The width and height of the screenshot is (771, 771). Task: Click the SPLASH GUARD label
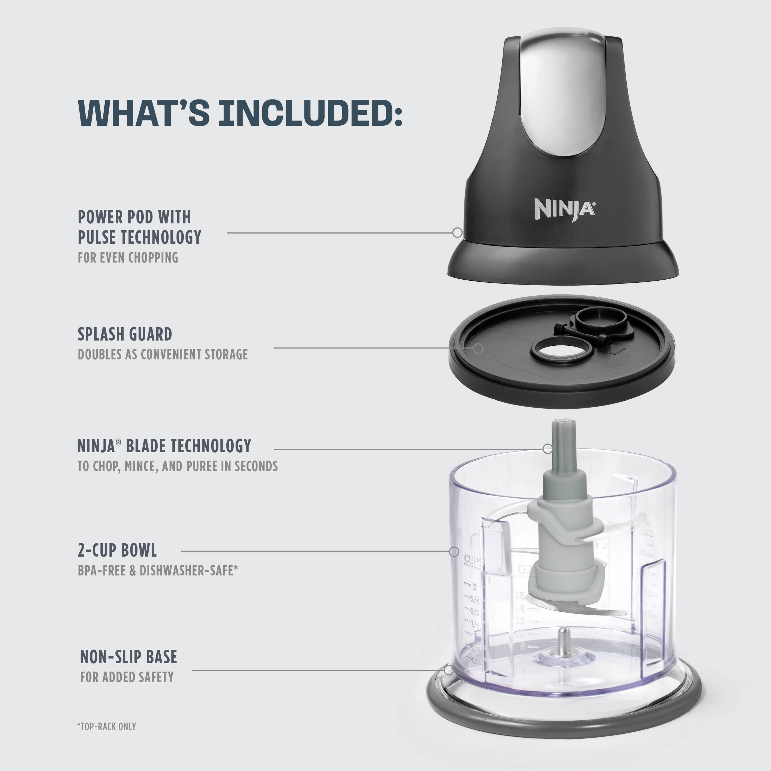pos(125,334)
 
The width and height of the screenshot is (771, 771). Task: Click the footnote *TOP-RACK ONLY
pos(107,726)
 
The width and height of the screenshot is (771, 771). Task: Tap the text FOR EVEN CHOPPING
pos(128,258)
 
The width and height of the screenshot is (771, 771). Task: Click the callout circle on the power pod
pos(457,232)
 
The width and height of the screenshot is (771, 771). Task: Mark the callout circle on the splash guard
pos(478,348)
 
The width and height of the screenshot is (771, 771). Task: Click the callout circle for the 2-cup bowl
pos(454,552)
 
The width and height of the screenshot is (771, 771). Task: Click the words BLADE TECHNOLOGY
pos(188,446)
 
